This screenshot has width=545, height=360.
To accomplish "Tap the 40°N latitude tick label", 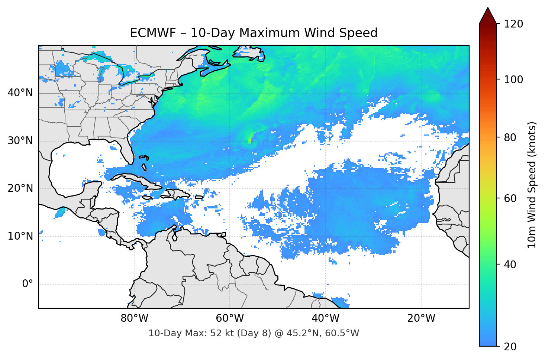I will (x=20, y=93).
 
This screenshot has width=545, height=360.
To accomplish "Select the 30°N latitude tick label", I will (x=20, y=140).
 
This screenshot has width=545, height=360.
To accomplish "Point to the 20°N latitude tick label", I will (x=20, y=188).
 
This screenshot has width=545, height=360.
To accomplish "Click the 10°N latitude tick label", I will (x=20, y=236).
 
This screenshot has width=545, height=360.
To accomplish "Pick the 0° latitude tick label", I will (x=28, y=284).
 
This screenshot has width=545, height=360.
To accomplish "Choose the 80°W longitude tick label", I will (x=135, y=318).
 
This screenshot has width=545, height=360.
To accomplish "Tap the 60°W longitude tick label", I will (x=230, y=318).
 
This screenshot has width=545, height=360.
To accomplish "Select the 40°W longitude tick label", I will (x=326, y=318).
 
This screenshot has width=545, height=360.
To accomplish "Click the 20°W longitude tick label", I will (x=421, y=318).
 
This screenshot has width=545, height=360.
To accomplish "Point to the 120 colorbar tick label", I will (x=513, y=24).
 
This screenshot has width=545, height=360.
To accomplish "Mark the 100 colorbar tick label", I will (x=513, y=80).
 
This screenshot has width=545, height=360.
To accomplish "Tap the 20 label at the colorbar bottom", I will (x=510, y=347).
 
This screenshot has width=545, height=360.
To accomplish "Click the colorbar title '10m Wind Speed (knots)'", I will (x=532, y=185).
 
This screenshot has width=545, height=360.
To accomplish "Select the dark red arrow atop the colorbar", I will (x=488, y=16).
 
